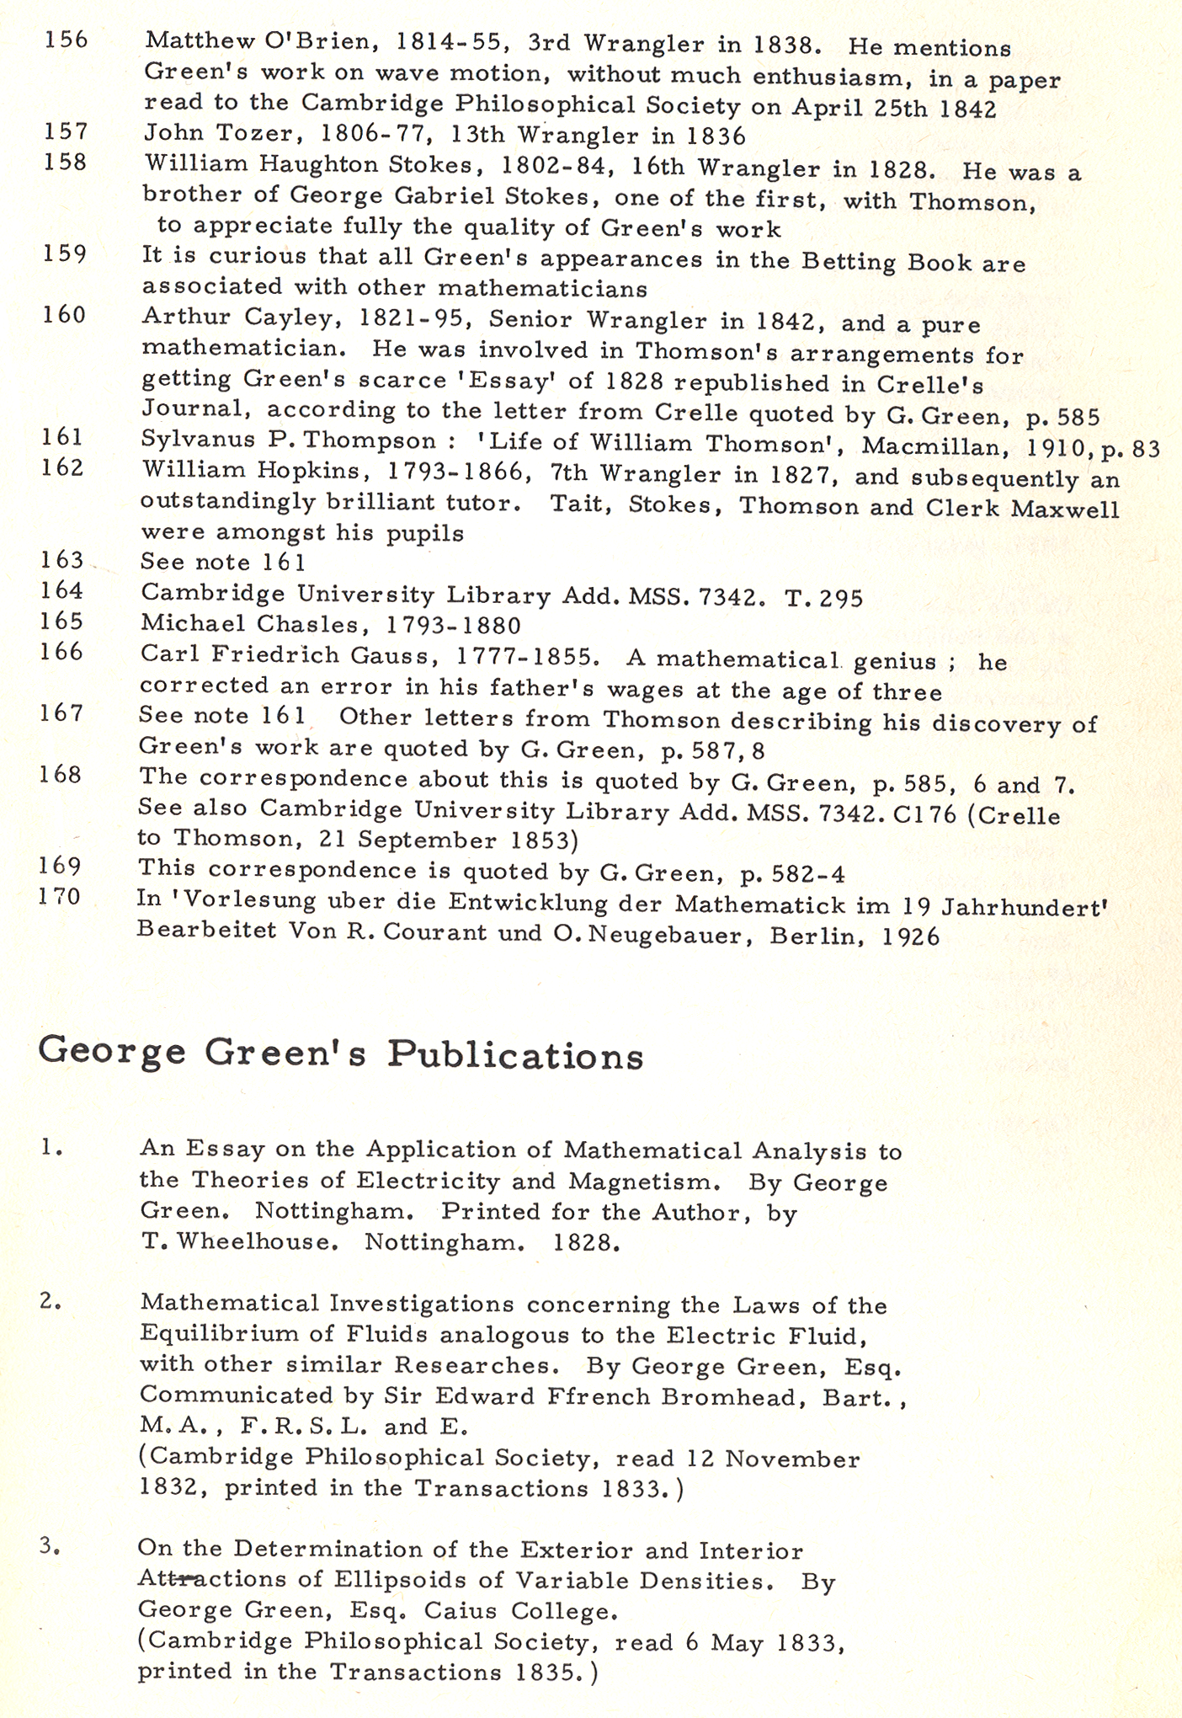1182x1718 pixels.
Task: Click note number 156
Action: pyautogui.click(x=66, y=40)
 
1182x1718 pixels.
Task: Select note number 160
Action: pyautogui.click(x=64, y=315)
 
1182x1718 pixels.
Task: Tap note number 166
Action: pyautogui.click(x=61, y=652)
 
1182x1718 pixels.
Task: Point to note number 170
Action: pyautogui.click(x=60, y=896)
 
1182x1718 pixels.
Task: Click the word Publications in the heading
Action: pyautogui.click(x=515, y=1056)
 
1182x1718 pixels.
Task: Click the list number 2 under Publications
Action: pyautogui.click(x=50, y=1302)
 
